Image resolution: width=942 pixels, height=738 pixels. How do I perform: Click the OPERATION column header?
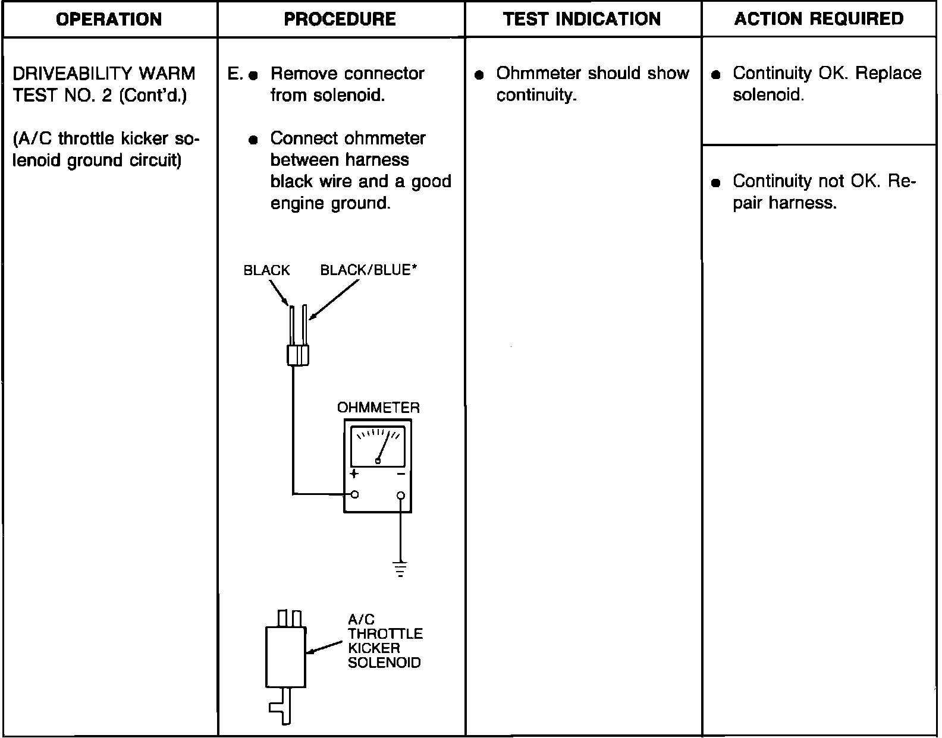point(109,19)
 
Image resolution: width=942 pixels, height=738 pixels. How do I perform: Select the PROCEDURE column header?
point(340,19)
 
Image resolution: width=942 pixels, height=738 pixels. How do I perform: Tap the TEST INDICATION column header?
point(582,19)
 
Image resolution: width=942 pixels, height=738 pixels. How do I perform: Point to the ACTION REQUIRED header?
point(819,19)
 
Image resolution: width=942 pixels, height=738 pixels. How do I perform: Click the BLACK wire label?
point(266,270)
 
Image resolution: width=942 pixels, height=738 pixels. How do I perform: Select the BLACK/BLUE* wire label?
point(369,270)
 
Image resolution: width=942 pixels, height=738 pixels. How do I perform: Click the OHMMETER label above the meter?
point(378,408)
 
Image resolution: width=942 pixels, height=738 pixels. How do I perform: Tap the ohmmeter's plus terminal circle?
point(355,494)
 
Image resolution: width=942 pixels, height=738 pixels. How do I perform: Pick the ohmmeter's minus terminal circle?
point(401,495)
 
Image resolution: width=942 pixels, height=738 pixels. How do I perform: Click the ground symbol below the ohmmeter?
point(401,569)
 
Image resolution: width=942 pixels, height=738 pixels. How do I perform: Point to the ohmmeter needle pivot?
point(378,461)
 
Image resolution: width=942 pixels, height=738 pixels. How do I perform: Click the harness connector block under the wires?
point(297,355)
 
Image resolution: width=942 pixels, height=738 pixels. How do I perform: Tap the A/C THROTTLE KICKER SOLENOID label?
point(385,641)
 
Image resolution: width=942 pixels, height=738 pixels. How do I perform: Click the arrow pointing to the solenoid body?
point(324,648)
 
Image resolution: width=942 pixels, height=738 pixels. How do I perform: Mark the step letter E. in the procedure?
point(235,74)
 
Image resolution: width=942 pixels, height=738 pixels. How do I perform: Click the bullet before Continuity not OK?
point(717,183)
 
